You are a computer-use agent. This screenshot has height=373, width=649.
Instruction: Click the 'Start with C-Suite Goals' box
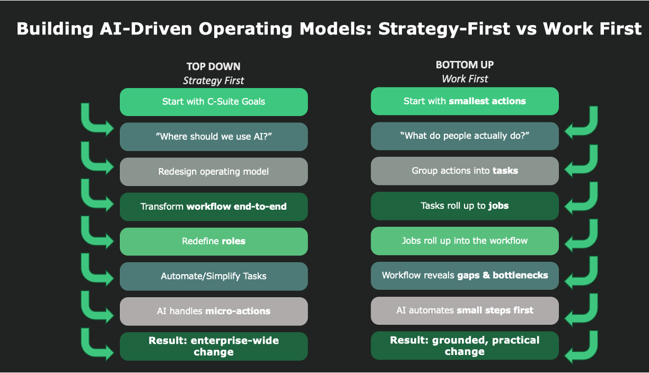pyautogui.click(x=214, y=102)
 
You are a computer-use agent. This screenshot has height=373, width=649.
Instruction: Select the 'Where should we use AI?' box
pyautogui.click(x=214, y=137)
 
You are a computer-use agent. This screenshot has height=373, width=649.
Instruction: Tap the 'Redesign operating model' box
pyautogui.click(x=214, y=172)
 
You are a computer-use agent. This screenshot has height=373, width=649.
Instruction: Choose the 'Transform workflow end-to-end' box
pyautogui.click(x=214, y=207)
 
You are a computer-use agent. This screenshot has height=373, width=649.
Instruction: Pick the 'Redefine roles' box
pyautogui.click(x=214, y=242)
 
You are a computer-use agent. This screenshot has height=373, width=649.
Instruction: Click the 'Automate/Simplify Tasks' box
pyautogui.click(x=214, y=277)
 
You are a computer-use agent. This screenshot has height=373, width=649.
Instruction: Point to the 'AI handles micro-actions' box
pyautogui.click(x=214, y=312)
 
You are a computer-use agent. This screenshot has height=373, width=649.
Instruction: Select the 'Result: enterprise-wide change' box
pyautogui.click(x=214, y=347)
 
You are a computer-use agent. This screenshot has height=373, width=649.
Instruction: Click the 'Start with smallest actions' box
pyautogui.click(x=464, y=101)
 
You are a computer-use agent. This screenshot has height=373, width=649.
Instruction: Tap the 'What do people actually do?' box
pyautogui.click(x=464, y=136)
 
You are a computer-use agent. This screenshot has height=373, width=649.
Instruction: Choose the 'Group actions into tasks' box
pyautogui.click(x=464, y=171)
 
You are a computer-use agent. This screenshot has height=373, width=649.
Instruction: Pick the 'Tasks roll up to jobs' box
pyautogui.click(x=464, y=206)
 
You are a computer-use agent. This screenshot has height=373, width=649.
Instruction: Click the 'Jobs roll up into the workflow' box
pyautogui.click(x=464, y=241)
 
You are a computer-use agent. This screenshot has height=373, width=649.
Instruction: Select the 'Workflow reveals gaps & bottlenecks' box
pyautogui.click(x=464, y=276)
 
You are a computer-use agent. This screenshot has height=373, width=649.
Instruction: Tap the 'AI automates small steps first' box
pyautogui.click(x=464, y=310)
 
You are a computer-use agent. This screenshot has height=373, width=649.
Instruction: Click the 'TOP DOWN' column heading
pyautogui.click(x=214, y=67)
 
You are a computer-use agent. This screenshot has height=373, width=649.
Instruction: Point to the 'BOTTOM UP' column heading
pyautogui.click(x=464, y=65)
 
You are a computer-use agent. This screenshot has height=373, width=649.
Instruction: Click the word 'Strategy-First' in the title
pyautogui.click(x=444, y=29)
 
